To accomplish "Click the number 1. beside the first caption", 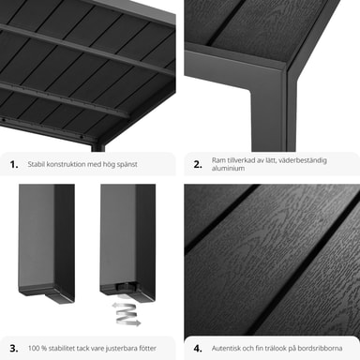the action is pyautogui.click(x=14, y=164).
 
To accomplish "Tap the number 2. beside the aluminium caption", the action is pyautogui.click(x=198, y=164).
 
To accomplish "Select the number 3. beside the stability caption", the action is pyautogui.click(x=14, y=348).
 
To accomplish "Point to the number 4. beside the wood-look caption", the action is pyautogui.click(x=198, y=348).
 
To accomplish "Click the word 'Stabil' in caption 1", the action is pyautogui.click(x=37, y=164).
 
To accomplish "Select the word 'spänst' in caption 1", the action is pyautogui.click(x=127, y=165).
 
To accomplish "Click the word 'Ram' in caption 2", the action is pyautogui.click(x=218, y=160).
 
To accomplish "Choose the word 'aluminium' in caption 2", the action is pyautogui.click(x=228, y=168).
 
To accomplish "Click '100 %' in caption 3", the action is pyautogui.click(x=37, y=348).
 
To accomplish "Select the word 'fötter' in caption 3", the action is pyautogui.click(x=147, y=348).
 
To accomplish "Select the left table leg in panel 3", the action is pyautogui.click(x=47, y=242).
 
